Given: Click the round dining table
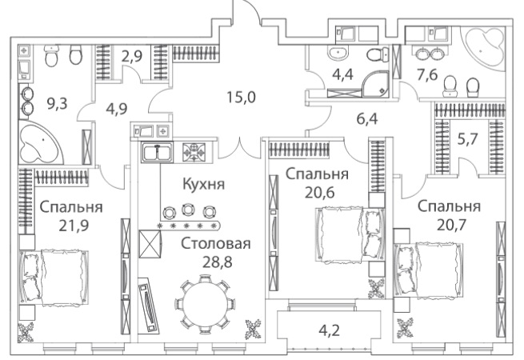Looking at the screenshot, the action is point(204,305).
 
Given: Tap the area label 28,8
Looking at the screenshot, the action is point(218,262).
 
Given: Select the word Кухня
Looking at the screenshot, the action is point(204,184).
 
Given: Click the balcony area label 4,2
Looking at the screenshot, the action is point(329,330).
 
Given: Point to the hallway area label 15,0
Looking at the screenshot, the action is point(242,98).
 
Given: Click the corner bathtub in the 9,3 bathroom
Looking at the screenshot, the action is point(41,142).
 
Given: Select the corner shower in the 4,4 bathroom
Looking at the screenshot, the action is point(376,84).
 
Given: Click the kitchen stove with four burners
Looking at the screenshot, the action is point(194,152).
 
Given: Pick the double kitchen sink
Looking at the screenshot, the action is point(157,153).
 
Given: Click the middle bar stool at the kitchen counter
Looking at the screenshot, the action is point(189,210).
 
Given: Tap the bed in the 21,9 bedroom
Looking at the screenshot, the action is point(54,277).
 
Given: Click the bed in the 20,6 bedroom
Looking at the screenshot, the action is point(350,234).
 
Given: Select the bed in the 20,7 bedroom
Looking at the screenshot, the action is point(429,270).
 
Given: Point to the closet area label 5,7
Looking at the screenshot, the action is point(467,139).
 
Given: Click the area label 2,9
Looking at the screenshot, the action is point(132,56).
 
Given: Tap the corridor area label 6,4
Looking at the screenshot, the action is point(367,118).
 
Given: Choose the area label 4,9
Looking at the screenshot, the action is point(116,109).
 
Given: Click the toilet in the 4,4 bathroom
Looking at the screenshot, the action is point(378,54).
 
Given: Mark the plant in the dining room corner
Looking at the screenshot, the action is point(253,329).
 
